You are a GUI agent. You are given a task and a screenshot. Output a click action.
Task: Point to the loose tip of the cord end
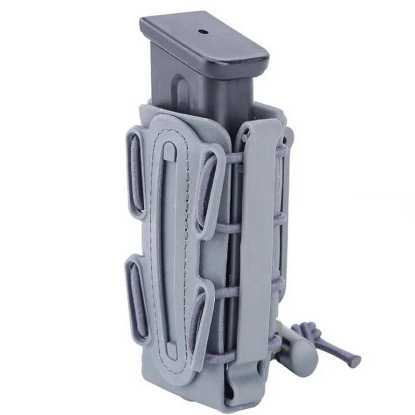tap(355, 361)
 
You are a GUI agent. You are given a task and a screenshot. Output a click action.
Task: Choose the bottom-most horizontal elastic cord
tap(228, 358)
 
